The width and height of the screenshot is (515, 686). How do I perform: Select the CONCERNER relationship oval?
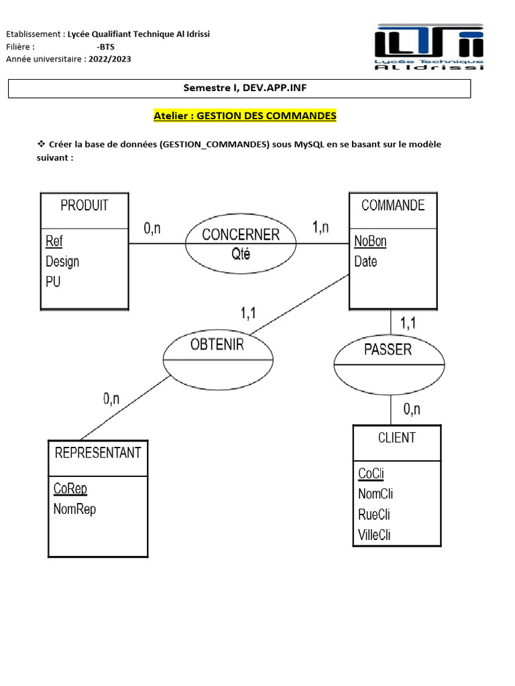pyautogui.click(x=240, y=243)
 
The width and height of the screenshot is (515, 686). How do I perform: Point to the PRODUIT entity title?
pyautogui.click(x=84, y=206)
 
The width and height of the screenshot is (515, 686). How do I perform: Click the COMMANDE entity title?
pyautogui.click(x=393, y=206)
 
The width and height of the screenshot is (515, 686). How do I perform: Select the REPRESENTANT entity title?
pyautogui.click(x=98, y=453)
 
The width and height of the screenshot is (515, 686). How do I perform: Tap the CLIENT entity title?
pyautogui.click(x=396, y=438)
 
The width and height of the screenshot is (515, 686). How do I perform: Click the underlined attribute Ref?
pyautogui.click(x=54, y=241)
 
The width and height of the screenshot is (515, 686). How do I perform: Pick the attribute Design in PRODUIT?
pyautogui.click(x=62, y=261)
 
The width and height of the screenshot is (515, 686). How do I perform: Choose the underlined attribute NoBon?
pyautogui.click(x=370, y=241)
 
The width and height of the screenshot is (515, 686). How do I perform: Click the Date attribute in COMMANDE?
pyautogui.click(x=365, y=261)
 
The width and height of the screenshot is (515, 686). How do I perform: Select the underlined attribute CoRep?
pyautogui.click(x=70, y=488)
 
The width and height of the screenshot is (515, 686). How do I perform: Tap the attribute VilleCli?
pyautogui.click(x=374, y=535)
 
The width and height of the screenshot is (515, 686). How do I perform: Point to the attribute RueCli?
pyautogui.click(x=374, y=514)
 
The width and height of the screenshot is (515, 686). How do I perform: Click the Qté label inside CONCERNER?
pyautogui.click(x=239, y=254)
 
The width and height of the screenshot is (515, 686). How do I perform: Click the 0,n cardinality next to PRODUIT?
pyautogui.click(x=152, y=228)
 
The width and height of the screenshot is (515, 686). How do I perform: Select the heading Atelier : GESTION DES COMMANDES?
pyautogui.click(x=245, y=116)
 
